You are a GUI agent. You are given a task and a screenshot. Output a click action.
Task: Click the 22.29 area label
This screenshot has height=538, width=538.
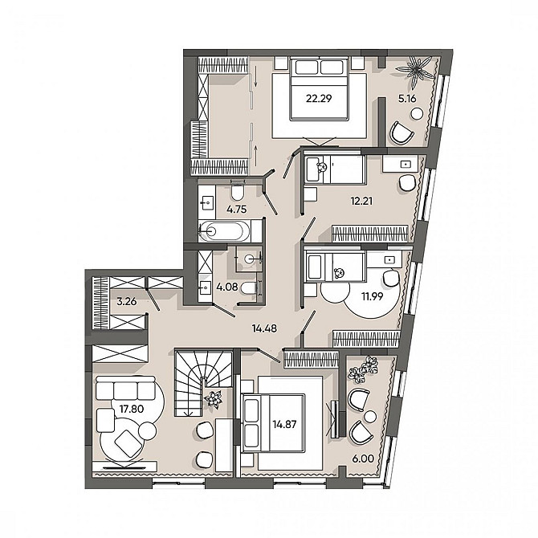coord(319,99)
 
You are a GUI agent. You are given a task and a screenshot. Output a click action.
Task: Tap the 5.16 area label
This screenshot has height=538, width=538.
coord(407,99)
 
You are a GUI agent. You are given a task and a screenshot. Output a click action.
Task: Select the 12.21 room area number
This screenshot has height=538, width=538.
coord(361,201)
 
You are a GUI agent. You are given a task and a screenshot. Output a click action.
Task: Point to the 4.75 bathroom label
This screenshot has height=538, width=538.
coord(237,210)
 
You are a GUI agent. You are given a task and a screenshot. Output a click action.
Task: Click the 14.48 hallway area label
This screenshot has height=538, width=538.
coord(264,328)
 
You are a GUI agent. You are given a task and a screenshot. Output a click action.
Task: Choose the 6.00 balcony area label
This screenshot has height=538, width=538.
coord(363,459)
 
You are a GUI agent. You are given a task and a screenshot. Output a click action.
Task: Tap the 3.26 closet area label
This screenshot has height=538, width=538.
coord(127,302)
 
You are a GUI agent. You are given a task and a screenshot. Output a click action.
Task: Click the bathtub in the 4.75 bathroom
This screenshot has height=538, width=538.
coord(225,231)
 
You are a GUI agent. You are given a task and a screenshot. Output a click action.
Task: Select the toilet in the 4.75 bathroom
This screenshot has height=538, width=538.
coord(238,191)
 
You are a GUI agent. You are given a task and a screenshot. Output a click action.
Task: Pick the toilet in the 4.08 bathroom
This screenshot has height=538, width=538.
coord(249,288)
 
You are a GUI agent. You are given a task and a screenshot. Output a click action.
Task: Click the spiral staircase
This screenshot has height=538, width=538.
coord(204,382)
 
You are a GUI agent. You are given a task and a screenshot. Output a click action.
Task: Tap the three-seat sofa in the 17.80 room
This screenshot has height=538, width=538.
coord(125,388)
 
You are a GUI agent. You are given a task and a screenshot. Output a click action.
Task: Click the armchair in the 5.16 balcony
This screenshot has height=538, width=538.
coord(401,132)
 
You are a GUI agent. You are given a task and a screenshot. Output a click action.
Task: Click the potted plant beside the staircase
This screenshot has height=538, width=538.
coord(214,400)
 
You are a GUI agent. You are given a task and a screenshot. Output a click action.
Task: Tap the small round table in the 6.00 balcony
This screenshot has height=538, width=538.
coord(370,417)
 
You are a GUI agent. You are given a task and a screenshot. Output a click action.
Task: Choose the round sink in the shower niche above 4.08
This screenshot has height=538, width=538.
coord(250,259)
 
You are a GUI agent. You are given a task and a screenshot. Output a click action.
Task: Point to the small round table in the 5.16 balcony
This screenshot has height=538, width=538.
coord(418,113)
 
